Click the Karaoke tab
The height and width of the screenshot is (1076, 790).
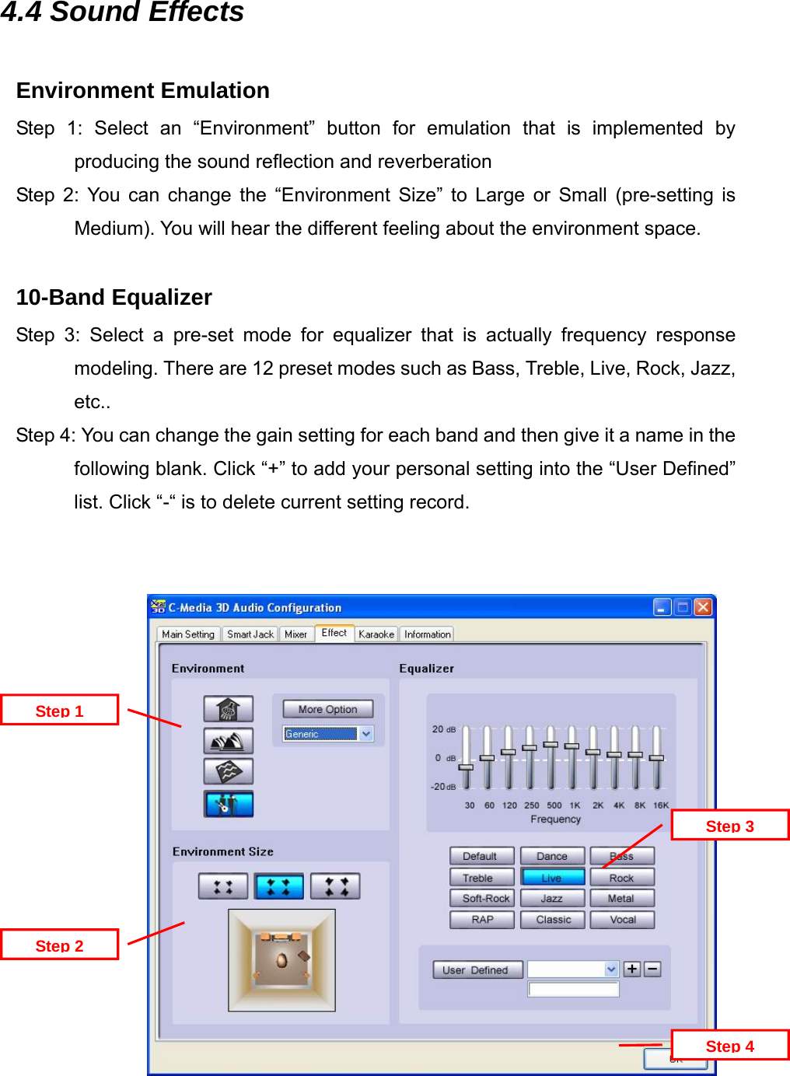coord(376,634)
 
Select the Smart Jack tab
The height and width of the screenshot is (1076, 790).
coord(250,634)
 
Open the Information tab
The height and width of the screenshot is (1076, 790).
coord(427,634)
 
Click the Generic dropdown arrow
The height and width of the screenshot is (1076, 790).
coord(366,734)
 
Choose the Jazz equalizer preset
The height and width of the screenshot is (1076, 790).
coord(551,898)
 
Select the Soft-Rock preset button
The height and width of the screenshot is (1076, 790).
coord(483,898)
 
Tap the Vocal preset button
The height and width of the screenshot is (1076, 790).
coord(622,920)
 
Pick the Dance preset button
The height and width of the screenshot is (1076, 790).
coord(551,856)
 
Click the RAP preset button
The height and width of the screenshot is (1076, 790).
coord(483,920)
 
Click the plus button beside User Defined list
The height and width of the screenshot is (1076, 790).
coord(632,969)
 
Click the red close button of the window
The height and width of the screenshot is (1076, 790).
coord(703,607)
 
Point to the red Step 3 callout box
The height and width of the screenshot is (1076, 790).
coord(729,826)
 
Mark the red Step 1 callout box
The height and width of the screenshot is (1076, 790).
coord(59,711)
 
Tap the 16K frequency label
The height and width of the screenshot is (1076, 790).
coord(661,805)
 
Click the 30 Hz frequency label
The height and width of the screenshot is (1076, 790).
coord(470,805)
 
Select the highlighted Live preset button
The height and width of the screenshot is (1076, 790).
coord(551,878)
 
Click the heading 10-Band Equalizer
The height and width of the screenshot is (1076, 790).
coord(114,298)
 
